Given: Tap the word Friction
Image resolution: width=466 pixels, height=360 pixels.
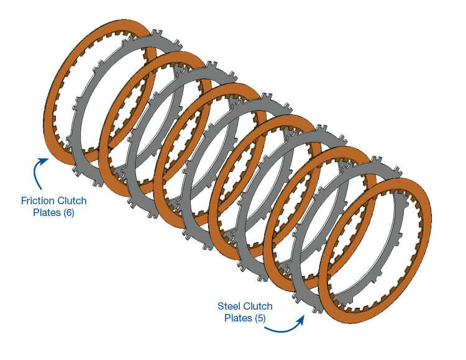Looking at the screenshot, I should pyautogui.click(x=37, y=200).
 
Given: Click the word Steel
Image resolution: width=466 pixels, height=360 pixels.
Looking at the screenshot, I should pyautogui.click(x=229, y=306).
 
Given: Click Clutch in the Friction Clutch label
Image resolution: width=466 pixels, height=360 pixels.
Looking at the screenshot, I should pyautogui.click(x=70, y=200).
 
